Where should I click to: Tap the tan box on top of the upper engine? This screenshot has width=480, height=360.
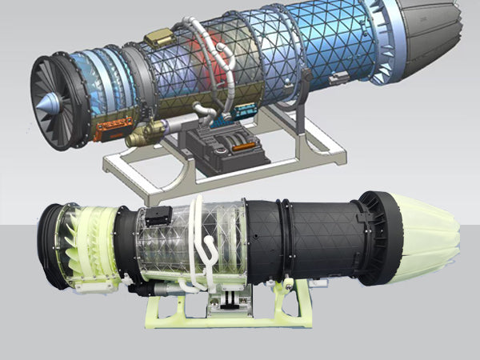[x=159, y=36]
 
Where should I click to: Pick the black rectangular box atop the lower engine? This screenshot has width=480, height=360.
[x=157, y=215]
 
